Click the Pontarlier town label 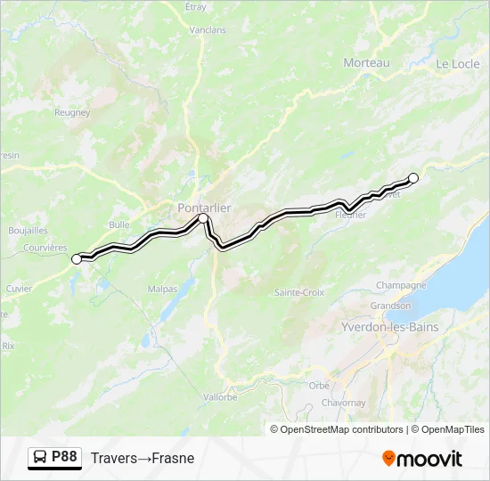(x=204, y=208)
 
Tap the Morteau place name (x=367, y=62)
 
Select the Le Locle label (x=458, y=64)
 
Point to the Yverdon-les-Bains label (x=390, y=327)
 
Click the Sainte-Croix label (x=299, y=292)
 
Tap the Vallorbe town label (x=219, y=397)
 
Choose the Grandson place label (x=390, y=305)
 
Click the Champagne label (x=401, y=285)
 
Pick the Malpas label (x=162, y=289)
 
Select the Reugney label (x=72, y=112)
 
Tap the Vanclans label (x=208, y=29)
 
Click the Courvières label (x=45, y=248)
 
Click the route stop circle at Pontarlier (x=203, y=218)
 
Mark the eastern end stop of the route (x=413, y=177)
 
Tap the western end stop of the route (x=77, y=258)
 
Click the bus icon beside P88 (x=40, y=458)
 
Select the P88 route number (x=64, y=457)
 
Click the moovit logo (x=422, y=459)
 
